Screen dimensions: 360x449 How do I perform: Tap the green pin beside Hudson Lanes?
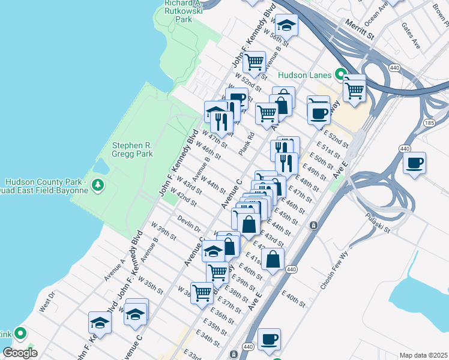click(x=340, y=75)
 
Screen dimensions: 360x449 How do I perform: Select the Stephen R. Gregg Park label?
click(x=133, y=149)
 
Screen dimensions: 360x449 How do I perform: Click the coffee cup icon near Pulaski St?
click(x=414, y=163)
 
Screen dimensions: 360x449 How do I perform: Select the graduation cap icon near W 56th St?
click(x=286, y=25)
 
